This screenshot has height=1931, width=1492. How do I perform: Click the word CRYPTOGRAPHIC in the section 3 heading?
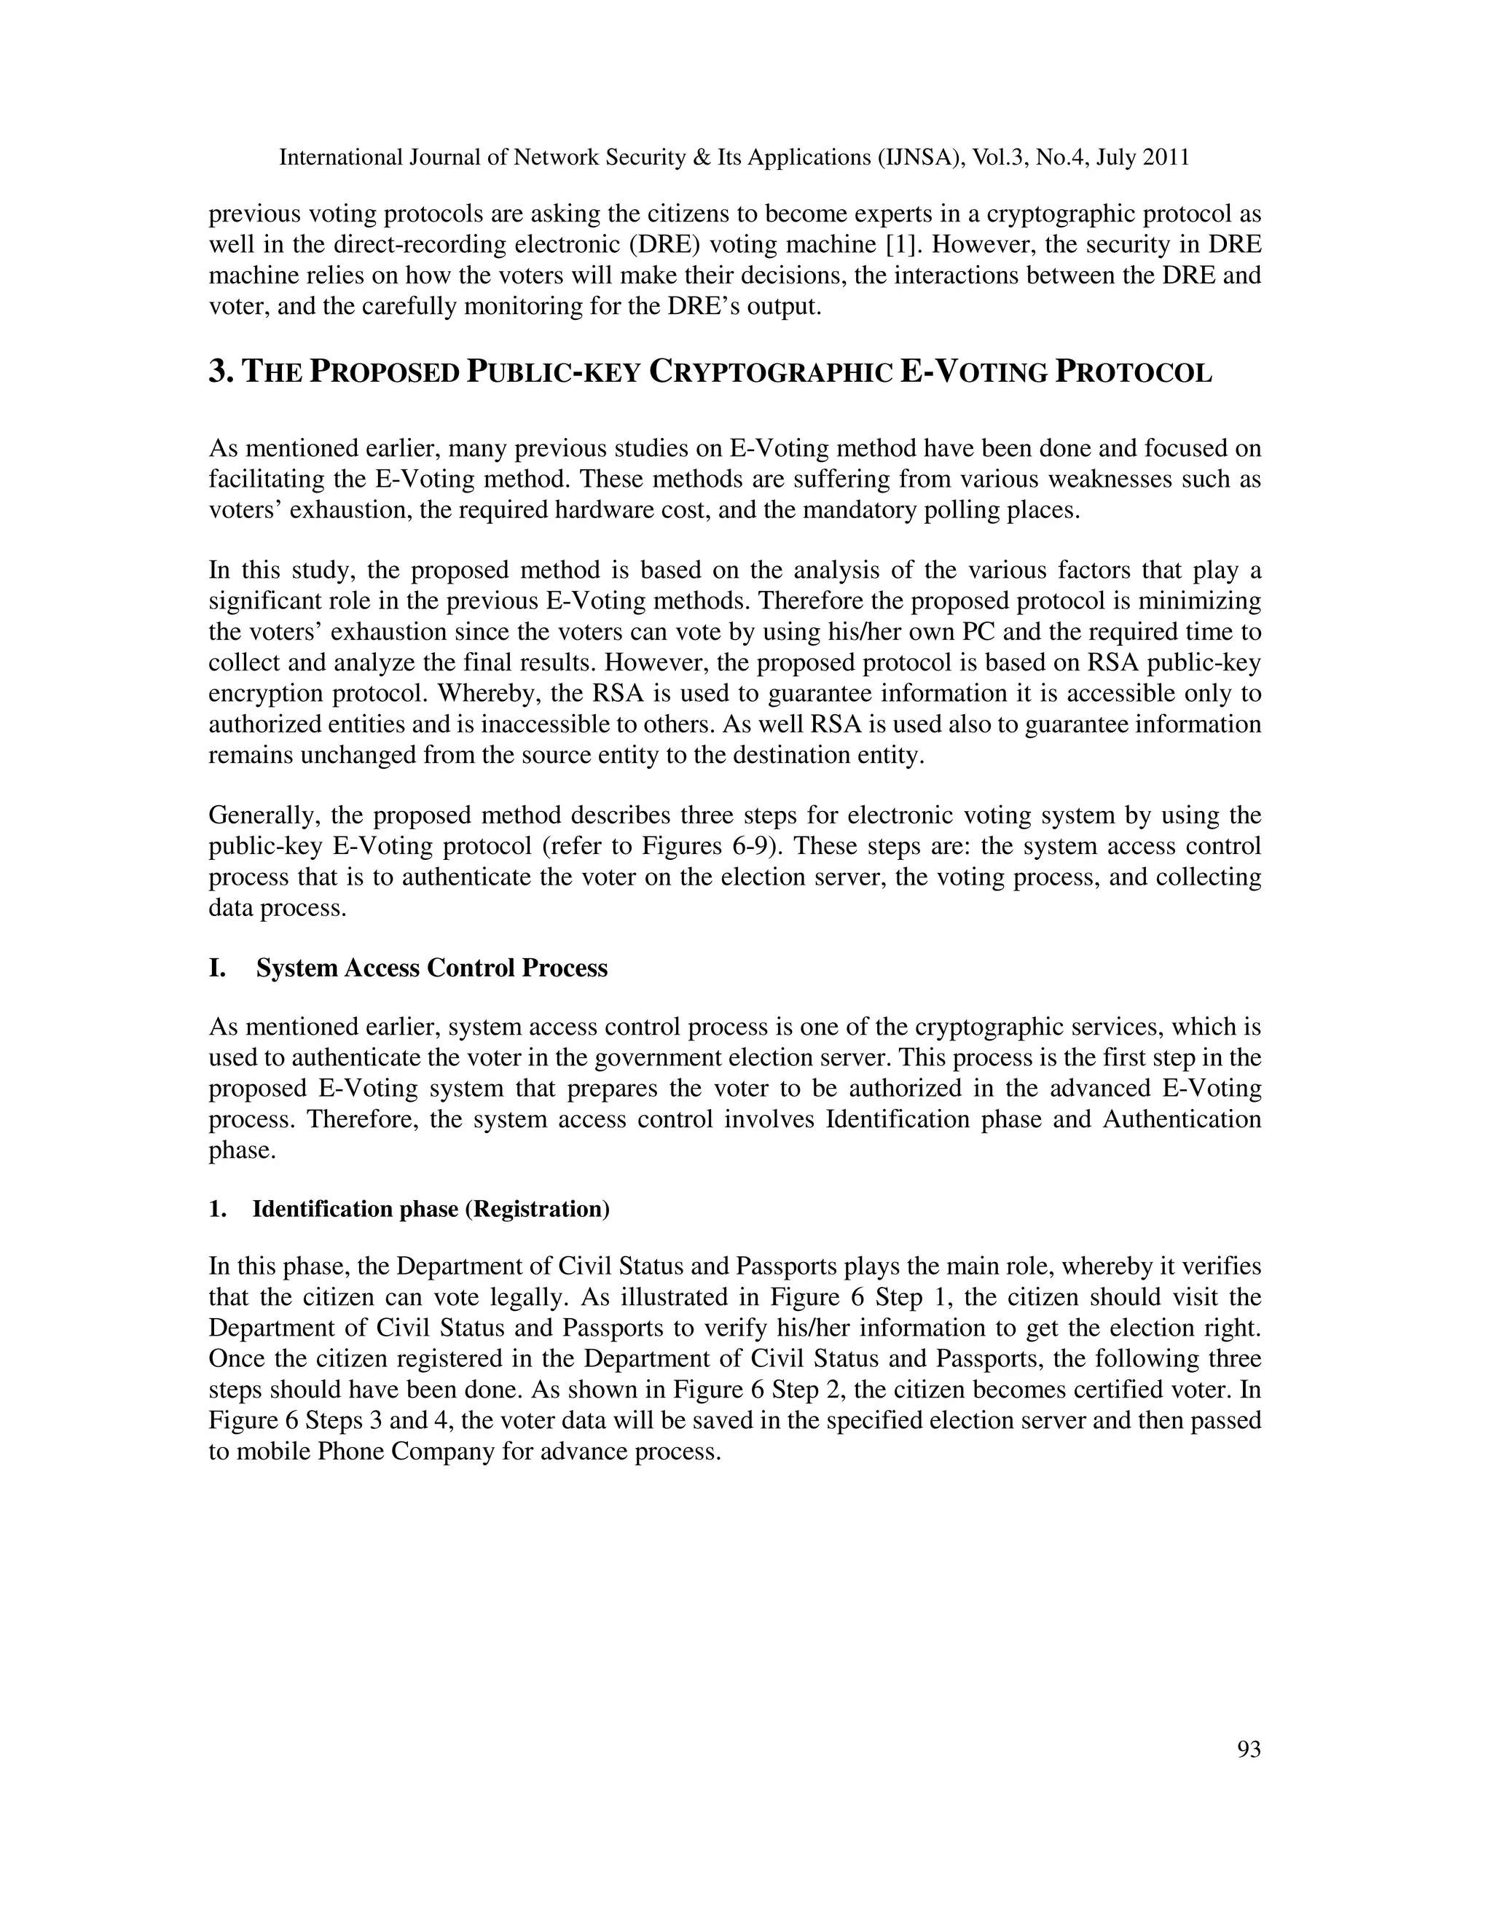770,372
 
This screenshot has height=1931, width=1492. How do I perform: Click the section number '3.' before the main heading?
223,372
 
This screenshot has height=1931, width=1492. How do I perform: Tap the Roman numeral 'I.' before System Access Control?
217,968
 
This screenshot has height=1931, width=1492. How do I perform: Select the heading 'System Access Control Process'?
431,968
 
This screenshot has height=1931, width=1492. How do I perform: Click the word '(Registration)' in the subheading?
538,1209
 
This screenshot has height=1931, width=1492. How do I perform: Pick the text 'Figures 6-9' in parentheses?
712,846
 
